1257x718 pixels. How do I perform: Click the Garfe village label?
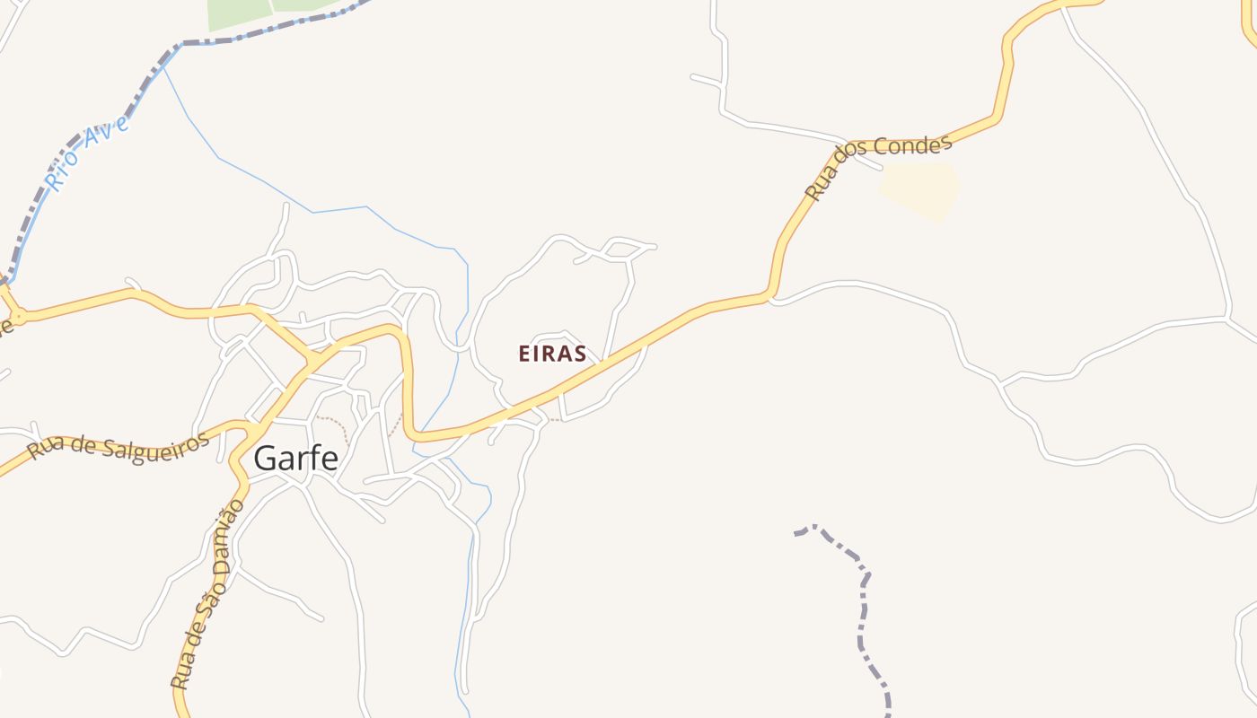click(x=295, y=458)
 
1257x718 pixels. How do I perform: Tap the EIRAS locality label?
click(x=552, y=354)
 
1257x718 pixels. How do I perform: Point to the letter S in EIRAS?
click(x=579, y=354)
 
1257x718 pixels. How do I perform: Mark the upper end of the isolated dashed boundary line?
click(x=796, y=534)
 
